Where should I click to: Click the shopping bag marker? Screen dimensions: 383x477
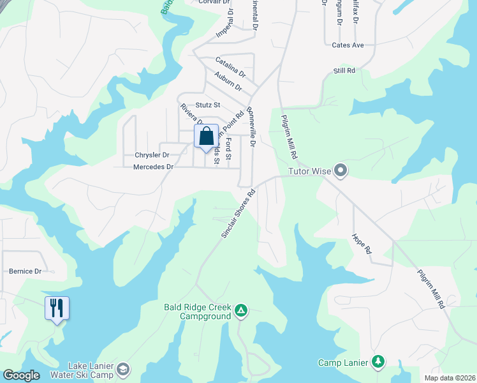coord(206,137)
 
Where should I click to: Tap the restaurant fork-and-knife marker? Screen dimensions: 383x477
coord(57,309)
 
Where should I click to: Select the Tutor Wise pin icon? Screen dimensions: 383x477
coord(341,170)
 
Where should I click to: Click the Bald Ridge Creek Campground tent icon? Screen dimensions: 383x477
coord(241,310)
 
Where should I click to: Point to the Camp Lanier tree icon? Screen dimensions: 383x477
coord(378,363)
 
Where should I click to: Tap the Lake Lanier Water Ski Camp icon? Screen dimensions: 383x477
coord(122,369)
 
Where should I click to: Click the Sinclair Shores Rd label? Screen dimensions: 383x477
coord(238,214)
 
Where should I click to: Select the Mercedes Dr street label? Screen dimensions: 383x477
coord(154,167)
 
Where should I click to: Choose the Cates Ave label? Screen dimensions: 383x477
coord(348,45)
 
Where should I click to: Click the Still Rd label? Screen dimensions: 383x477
coord(344,70)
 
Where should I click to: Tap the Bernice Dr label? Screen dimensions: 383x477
coord(25,271)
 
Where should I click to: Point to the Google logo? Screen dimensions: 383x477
coord(20,375)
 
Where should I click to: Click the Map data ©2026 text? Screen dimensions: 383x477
coord(449,378)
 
